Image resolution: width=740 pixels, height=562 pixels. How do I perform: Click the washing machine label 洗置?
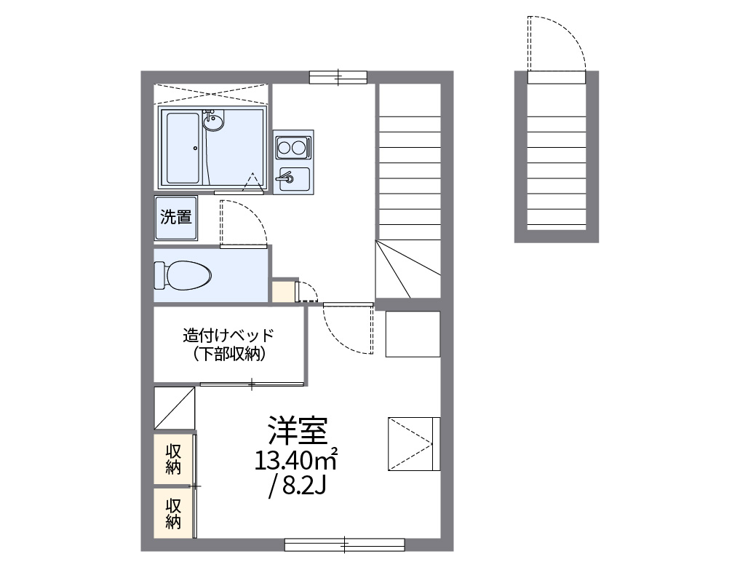[176, 217]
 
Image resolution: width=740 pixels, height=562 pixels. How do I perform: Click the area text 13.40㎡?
[295, 460]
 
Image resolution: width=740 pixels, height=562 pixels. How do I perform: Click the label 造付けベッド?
[228, 336]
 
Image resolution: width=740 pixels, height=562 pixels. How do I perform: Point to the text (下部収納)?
[228, 355]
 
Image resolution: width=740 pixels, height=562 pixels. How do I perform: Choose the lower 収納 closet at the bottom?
[173, 513]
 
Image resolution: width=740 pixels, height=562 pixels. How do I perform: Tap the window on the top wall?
[338, 76]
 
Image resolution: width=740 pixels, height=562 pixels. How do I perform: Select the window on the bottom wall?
[344, 544]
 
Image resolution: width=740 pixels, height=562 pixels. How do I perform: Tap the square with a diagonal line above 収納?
[175, 408]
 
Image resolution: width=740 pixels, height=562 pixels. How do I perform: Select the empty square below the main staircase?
[413, 334]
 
